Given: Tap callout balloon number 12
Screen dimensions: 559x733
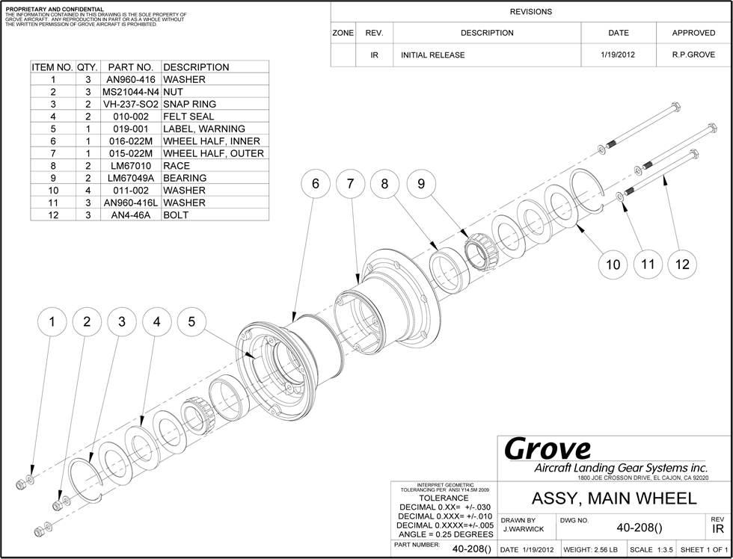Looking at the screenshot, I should (x=682, y=264).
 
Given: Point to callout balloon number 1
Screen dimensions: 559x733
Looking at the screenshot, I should (x=52, y=322).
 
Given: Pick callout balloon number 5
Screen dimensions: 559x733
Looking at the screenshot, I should (x=192, y=322).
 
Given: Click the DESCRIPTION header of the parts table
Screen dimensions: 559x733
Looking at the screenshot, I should (x=196, y=67).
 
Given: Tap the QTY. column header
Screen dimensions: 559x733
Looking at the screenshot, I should (x=87, y=67).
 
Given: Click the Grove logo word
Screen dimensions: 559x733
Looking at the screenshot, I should (x=548, y=448).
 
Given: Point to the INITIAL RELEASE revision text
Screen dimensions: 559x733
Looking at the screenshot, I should (x=432, y=55).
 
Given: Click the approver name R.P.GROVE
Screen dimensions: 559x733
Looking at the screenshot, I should (x=693, y=55).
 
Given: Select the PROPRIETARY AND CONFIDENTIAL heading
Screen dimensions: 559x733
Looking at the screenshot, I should (x=55, y=9).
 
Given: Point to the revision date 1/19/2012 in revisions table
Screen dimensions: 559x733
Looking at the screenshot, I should (x=619, y=55).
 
